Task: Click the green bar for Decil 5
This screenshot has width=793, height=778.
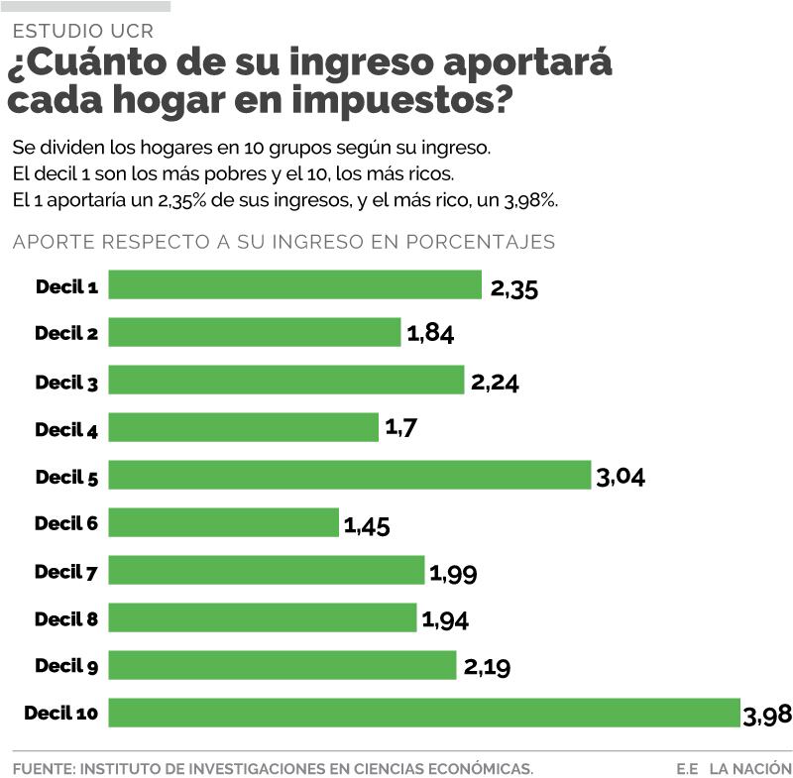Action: pos(349,475)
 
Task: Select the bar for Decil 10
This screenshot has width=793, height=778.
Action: pos(424,713)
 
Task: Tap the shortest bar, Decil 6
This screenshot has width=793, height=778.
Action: pos(223,522)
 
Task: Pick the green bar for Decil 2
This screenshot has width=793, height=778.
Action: pos(254,332)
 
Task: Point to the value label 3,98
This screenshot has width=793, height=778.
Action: pos(766,715)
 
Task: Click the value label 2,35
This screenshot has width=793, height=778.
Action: pos(514,287)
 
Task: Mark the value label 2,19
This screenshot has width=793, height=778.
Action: pos(487,667)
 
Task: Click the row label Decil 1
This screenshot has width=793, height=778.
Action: pos(66,286)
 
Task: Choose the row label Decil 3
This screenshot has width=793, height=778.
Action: pos(66,382)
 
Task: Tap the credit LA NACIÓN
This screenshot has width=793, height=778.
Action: pos(749,768)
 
